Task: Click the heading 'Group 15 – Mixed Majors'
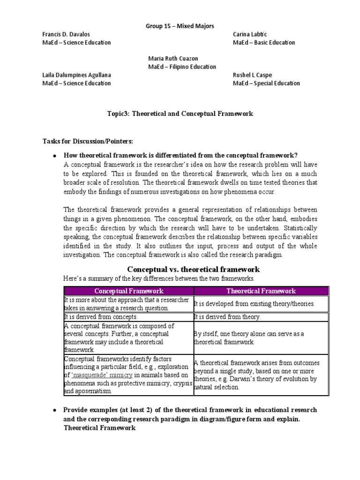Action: point(180,26)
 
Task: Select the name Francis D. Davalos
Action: point(66,35)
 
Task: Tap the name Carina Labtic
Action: point(253,35)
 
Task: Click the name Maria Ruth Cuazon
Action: point(173,59)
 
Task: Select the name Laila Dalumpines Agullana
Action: point(77,75)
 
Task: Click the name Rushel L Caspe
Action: point(252,75)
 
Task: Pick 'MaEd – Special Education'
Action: point(266,83)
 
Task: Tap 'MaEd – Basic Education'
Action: point(264,43)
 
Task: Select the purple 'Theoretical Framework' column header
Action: point(261,291)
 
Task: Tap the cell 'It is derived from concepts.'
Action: point(101,317)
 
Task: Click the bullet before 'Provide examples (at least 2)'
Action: point(55,410)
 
